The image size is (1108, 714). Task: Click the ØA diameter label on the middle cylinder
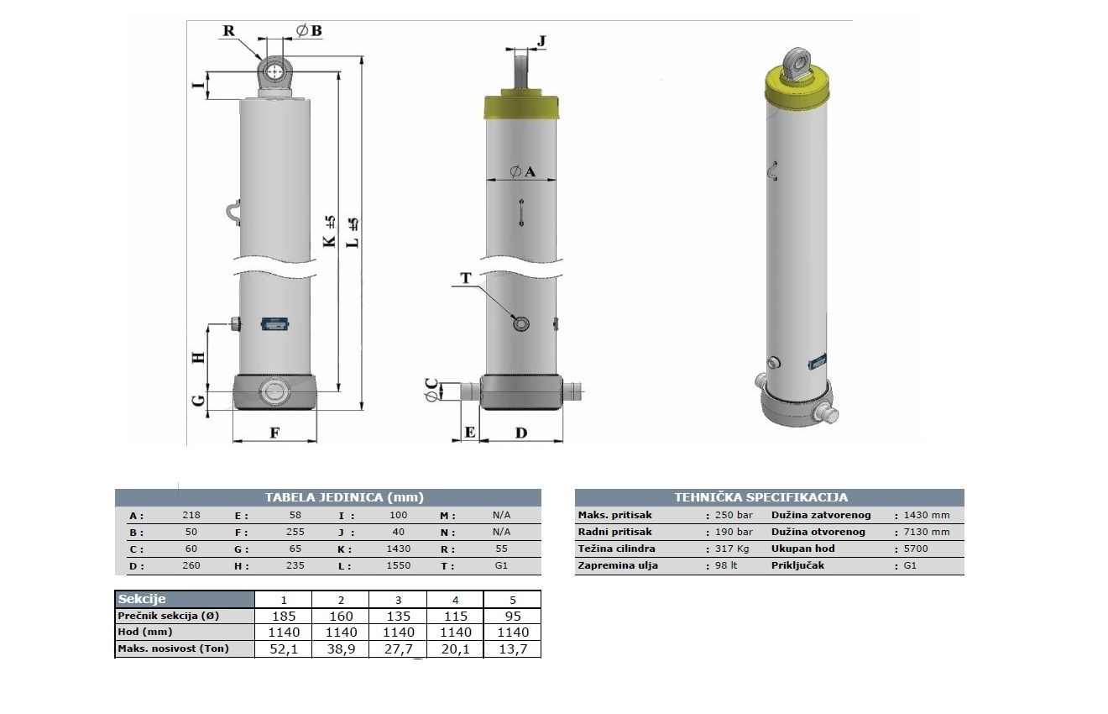[x=522, y=171]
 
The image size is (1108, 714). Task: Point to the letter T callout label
[x=466, y=278]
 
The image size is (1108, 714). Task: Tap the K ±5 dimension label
[x=329, y=231]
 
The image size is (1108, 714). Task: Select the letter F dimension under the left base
[x=274, y=433]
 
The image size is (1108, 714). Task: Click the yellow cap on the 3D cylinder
[x=797, y=89]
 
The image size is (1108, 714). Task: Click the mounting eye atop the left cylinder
[x=274, y=72]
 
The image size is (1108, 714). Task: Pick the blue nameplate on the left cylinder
[x=274, y=324]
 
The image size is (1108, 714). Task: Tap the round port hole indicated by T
[x=521, y=324]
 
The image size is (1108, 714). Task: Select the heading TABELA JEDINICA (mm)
[x=344, y=497]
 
